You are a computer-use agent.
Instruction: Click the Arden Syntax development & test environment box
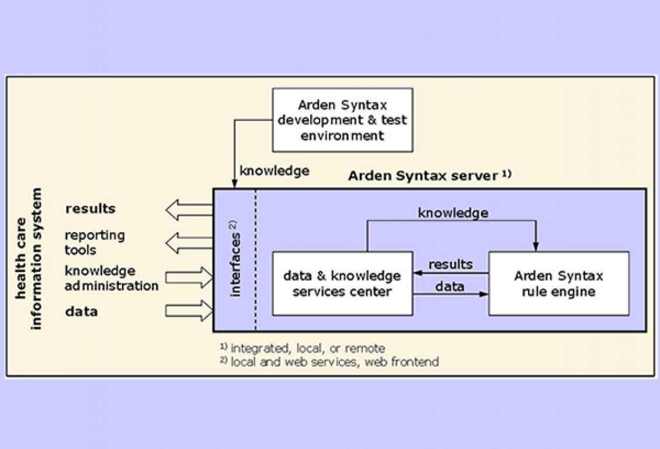tap(342, 120)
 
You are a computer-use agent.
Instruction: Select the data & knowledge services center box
tap(342, 283)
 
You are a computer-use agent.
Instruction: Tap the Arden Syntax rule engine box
tap(558, 283)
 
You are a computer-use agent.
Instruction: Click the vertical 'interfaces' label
tap(235, 258)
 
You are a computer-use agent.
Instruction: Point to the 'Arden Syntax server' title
tap(423, 175)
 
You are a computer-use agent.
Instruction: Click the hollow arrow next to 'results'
tap(189, 209)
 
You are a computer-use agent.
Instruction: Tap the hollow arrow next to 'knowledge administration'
tap(189, 277)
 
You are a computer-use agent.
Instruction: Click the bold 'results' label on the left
tap(91, 209)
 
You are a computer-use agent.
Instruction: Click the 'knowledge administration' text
tap(111, 278)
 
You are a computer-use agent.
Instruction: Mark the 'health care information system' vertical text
tap(29, 258)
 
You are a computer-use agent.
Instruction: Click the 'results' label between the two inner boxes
tap(450, 264)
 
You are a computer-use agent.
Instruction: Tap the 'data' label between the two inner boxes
tap(450, 286)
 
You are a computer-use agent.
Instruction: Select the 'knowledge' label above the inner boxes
tap(453, 213)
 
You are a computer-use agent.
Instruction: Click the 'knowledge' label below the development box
tap(275, 171)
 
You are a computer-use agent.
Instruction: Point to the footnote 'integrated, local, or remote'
tap(307, 348)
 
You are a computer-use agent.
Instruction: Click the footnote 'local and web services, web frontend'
tap(334, 362)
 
